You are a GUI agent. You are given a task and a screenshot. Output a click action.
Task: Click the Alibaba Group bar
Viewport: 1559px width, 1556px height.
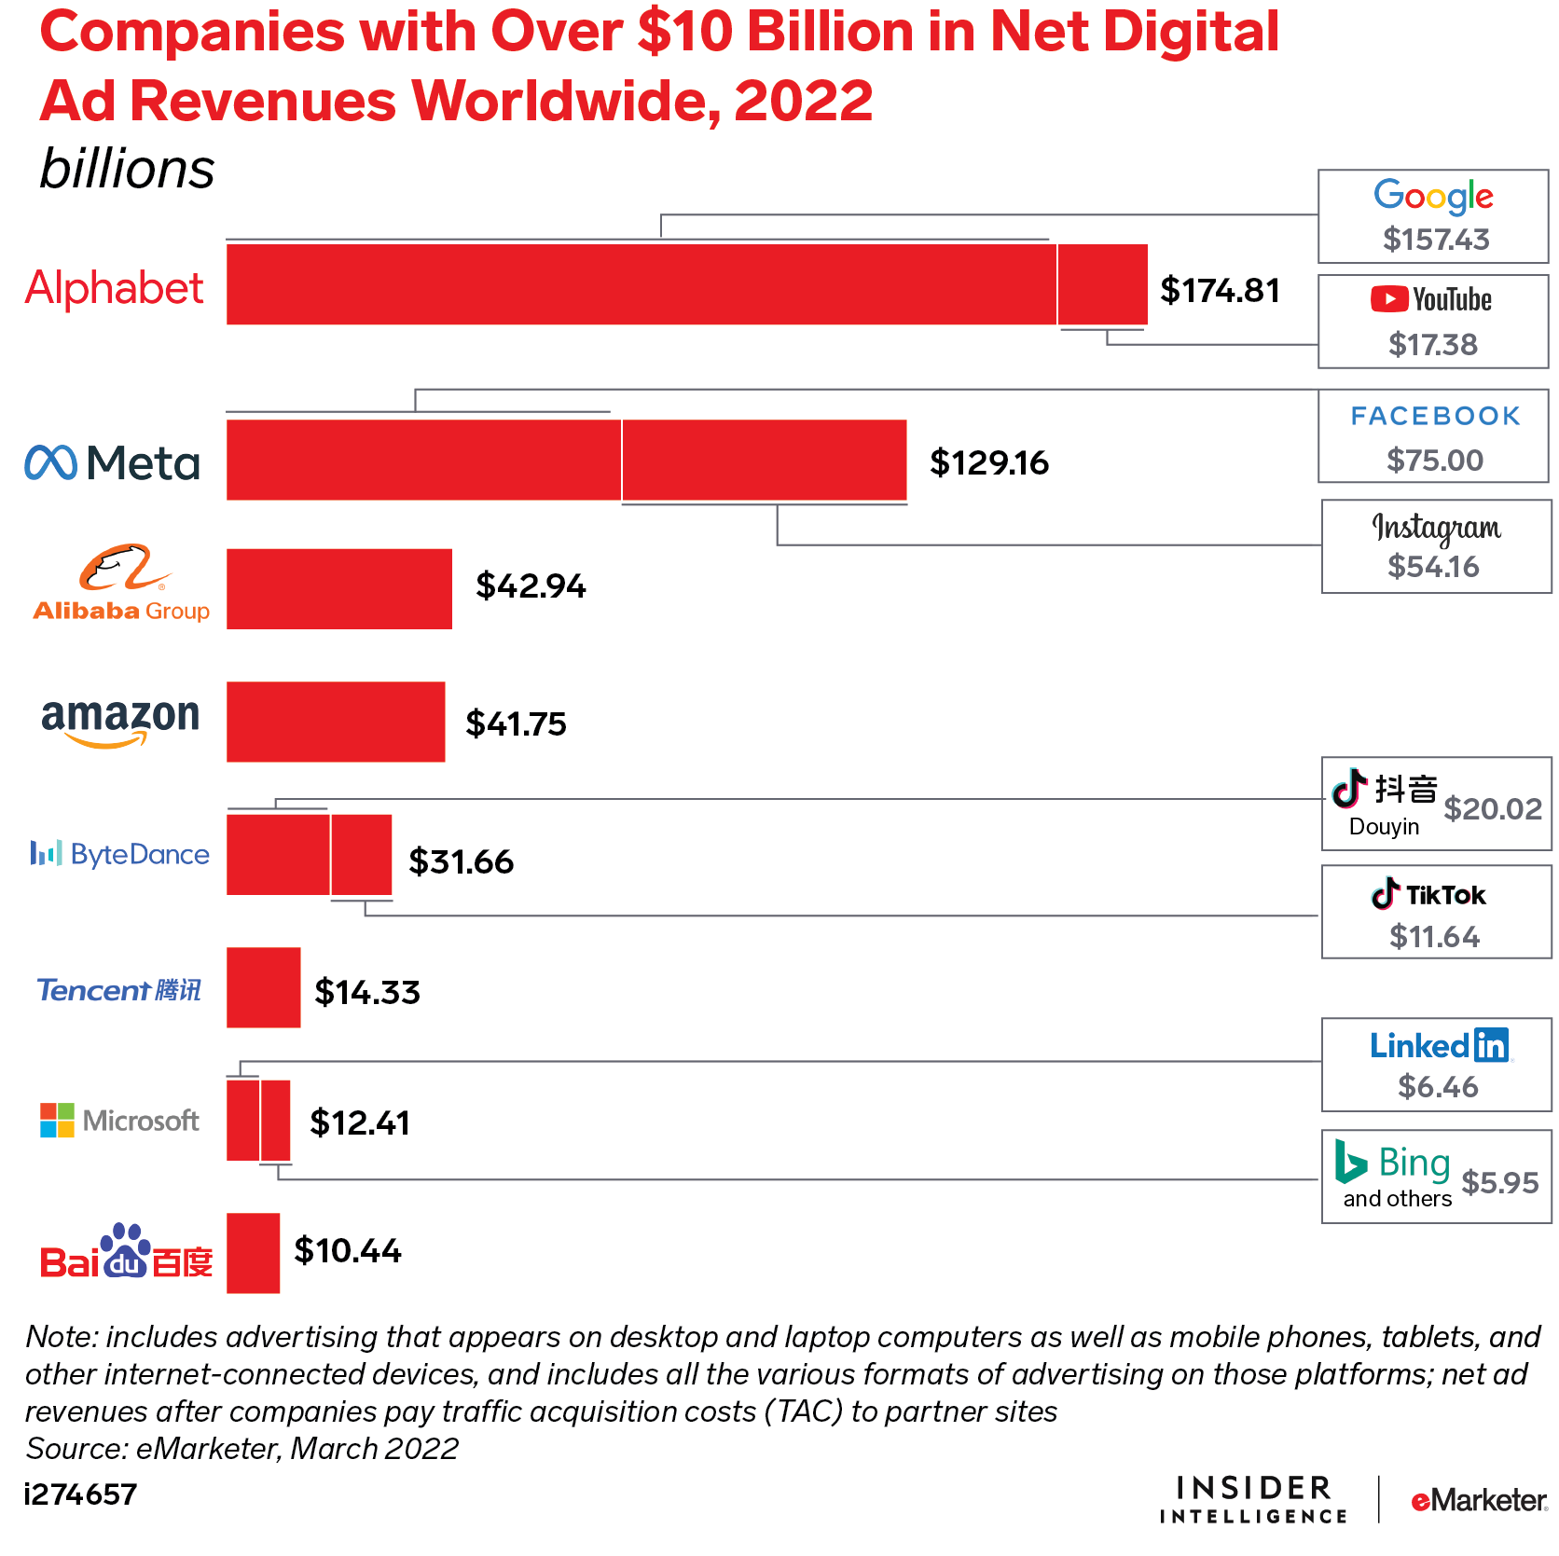pos(338,588)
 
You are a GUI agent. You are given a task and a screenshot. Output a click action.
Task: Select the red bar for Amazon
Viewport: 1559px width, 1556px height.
pos(336,721)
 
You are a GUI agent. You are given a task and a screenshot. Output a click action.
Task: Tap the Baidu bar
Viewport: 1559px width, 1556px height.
pos(253,1252)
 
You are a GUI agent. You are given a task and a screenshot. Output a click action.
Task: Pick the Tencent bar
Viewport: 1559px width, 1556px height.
pos(263,987)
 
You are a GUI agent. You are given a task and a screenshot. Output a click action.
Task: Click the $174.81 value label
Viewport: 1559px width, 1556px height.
pos(1220,290)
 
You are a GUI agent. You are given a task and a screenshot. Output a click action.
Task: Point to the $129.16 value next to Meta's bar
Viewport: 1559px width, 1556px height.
pos(988,462)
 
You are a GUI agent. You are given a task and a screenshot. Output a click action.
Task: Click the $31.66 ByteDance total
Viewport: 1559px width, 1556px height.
pos(461,861)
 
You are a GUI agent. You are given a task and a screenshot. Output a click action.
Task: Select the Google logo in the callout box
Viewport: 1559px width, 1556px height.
pos(1433,197)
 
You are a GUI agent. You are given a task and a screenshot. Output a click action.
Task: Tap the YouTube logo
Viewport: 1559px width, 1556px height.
pos(1431,299)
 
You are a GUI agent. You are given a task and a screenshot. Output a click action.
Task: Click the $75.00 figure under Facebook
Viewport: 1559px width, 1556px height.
pos(1434,460)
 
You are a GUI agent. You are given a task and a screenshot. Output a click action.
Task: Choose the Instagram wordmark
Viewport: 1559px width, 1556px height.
pos(1435,529)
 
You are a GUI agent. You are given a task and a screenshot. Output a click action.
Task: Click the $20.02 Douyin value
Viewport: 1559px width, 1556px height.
pos(1492,808)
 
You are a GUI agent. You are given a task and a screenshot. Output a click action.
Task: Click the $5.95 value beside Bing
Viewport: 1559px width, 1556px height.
pos(1499,1182)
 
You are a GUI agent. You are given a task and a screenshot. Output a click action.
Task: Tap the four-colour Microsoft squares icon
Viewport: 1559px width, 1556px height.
pos(57,1120)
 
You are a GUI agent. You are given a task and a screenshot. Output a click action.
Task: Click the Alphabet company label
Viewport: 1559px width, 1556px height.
pos(114,287)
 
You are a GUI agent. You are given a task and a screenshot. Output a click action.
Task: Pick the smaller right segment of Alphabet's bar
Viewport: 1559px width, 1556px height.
pos(1102,284)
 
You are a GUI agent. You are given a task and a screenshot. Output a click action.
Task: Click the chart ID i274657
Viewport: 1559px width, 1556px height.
pos(80,1494)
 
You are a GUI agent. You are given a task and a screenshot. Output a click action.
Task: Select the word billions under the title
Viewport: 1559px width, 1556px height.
pos(127,170)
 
